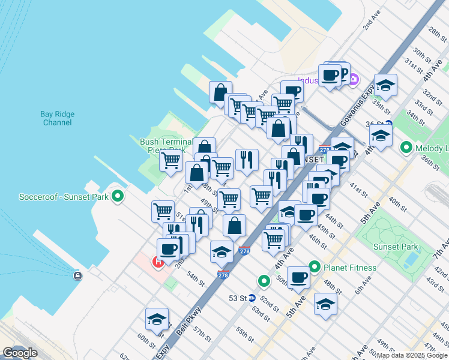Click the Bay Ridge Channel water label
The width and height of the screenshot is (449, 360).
point(57,118)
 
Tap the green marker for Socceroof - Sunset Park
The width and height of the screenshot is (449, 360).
point(118,196)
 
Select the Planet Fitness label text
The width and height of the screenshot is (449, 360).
point(351,268)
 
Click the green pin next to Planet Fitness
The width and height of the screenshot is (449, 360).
point(314,267)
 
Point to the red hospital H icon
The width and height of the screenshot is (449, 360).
point(158,262)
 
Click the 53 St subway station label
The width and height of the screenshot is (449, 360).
point(238,298)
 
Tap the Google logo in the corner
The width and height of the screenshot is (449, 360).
point(20,353)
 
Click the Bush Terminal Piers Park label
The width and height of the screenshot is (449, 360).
point(165,146)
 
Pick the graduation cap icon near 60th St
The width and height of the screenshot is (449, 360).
point(157,319)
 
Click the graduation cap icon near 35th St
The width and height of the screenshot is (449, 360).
point(385,85)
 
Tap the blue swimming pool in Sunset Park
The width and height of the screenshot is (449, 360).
point(412,260)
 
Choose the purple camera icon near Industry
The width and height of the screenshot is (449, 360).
point(354,79)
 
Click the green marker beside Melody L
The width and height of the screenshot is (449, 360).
point(406,147)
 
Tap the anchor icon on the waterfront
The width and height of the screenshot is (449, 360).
point(77,275)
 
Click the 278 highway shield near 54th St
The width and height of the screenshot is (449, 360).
point(223,274)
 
